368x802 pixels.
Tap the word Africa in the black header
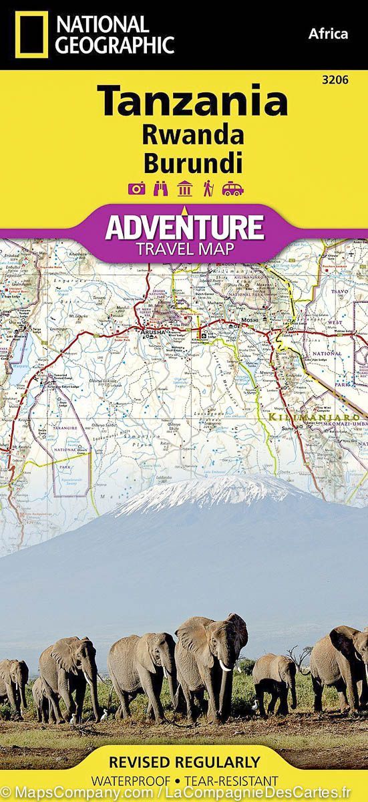pyautogui.click(x=328, y=33)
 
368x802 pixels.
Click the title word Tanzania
pyautogui.click(x=194, y=102)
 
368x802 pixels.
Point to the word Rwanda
pyautogui.click(x=192, y=136)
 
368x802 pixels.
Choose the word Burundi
pyautogui.click(x=192, y=162)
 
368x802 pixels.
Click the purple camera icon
pyautogui.click(x=137, y=188)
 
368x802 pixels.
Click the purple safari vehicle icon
pyautogui.click(x=232, y=188)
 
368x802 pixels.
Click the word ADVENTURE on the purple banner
pyautogui.click(x=184, y=227)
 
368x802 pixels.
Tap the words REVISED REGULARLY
pyautogui.click(x=184, y=762)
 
